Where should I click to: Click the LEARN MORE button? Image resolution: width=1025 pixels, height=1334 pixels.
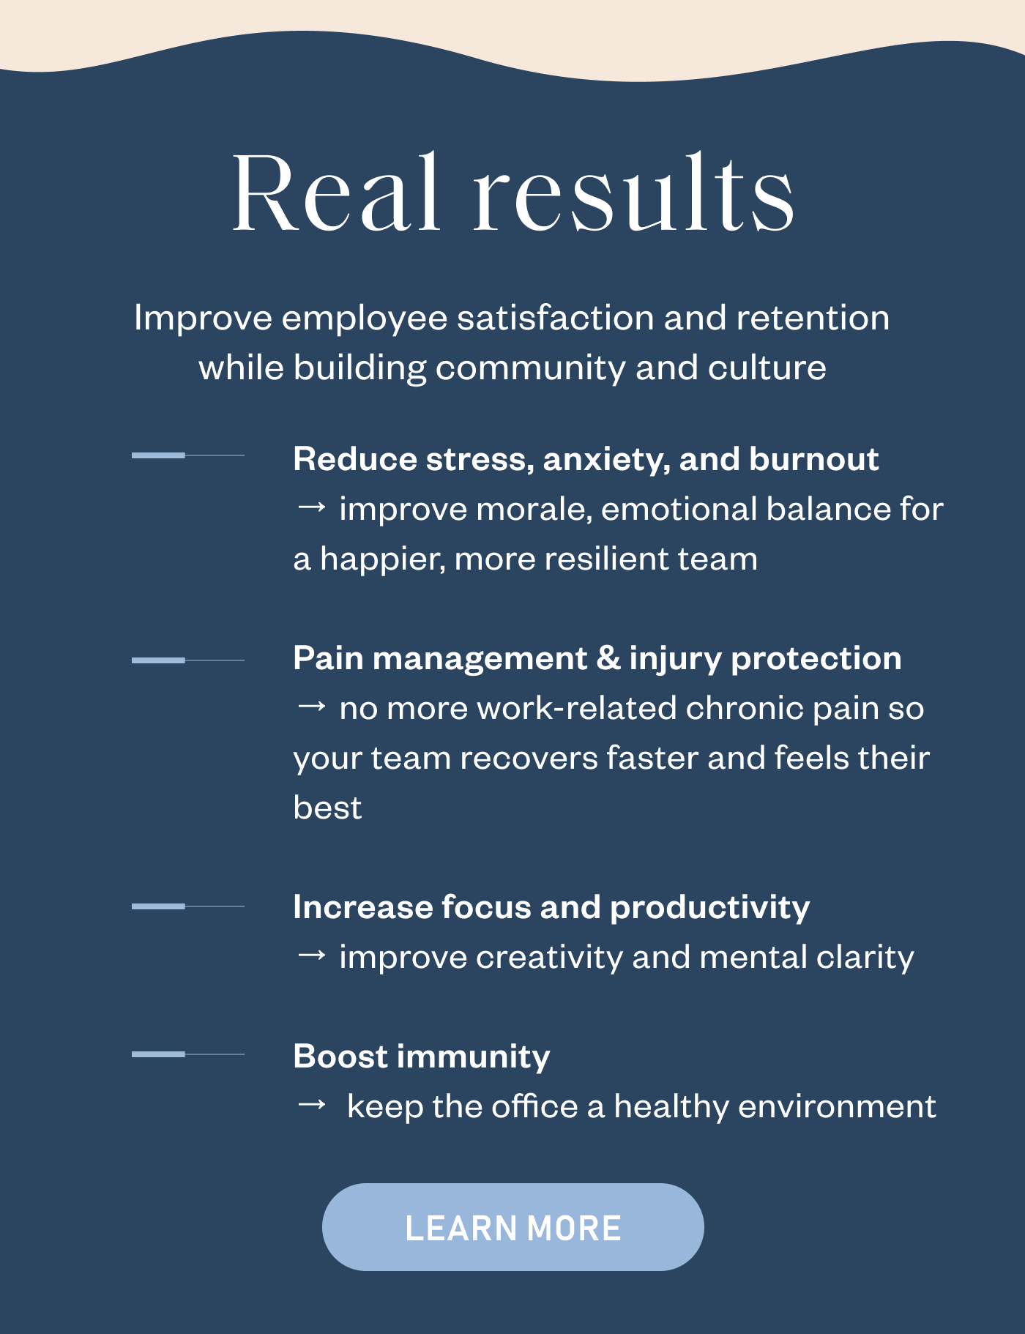coord(512,1227)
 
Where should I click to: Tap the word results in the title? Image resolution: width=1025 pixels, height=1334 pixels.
coord(633,193)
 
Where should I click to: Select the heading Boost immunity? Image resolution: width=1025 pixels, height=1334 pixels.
coord(421,1056)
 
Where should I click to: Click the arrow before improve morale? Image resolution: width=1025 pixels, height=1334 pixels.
coord(311,507)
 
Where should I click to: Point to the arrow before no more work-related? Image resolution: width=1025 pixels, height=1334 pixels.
coord(311,706)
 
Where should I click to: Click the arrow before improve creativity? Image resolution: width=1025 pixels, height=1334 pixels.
coord(311,955)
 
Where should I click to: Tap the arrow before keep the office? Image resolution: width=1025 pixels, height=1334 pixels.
coord(311,1104)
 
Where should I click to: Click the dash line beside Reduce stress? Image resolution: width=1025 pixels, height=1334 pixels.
coord(187,455)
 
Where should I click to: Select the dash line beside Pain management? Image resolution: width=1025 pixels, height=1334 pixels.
coord(187,660)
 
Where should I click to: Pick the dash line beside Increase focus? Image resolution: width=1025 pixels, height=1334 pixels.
coord(187,906)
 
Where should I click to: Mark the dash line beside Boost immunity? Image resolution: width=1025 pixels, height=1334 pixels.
coord(187,1054)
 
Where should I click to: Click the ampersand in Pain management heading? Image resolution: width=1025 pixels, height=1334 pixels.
coord(608,658)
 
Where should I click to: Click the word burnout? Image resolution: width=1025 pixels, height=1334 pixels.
coord(813,459)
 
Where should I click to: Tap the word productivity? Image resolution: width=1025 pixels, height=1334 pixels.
coord(709,908)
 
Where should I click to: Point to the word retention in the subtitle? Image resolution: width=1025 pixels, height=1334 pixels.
coord(813,318)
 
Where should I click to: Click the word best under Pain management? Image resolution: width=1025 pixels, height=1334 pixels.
coord(327,808)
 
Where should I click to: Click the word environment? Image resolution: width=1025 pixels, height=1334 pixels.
coord(837,1106)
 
